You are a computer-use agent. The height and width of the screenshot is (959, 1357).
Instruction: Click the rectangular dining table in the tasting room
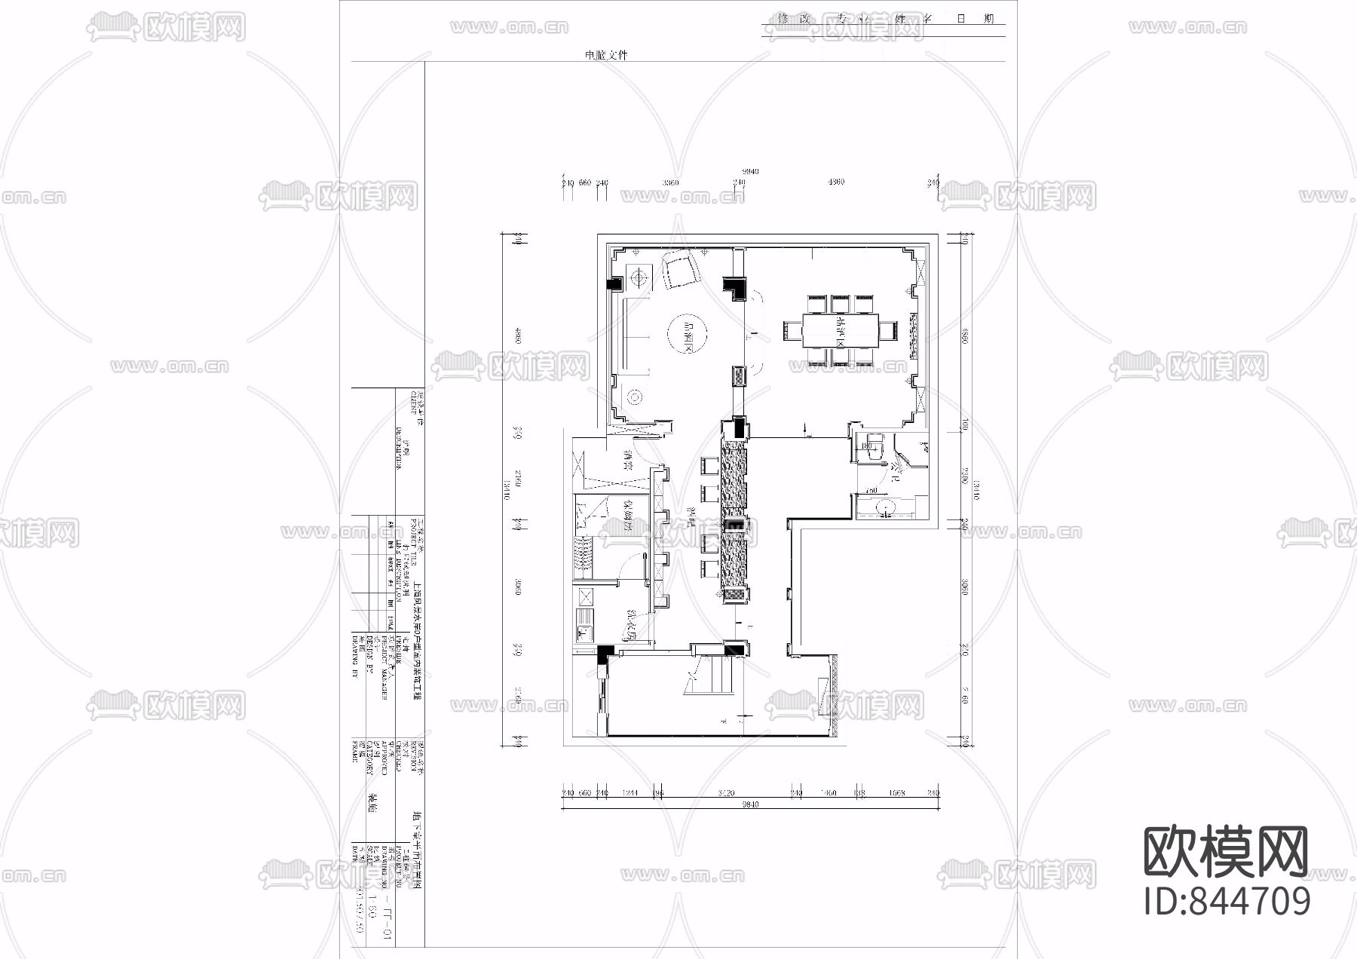(x=840, y=330)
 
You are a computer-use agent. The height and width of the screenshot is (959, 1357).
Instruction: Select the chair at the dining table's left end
(x=792, y=330)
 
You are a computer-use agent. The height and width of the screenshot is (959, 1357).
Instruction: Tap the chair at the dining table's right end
(x=889, y=330)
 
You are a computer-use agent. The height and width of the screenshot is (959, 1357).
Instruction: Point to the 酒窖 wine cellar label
(x=626, y=460)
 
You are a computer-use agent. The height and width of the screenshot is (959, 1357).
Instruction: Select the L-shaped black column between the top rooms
(x=734, y=287)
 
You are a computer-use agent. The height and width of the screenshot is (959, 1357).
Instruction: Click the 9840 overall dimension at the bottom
(x=749, y=804)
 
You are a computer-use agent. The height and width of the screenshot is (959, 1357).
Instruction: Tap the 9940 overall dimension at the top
(x=749, y=171)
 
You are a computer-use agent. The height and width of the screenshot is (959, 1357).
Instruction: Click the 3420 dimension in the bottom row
(x=727, y=792)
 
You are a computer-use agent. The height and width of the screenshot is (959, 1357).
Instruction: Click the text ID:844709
(x=1227, y=901)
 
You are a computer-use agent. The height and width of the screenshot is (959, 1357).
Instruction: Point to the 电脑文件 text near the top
(x=606, y=55)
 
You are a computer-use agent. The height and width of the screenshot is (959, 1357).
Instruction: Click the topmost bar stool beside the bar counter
(x=710, y=465)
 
